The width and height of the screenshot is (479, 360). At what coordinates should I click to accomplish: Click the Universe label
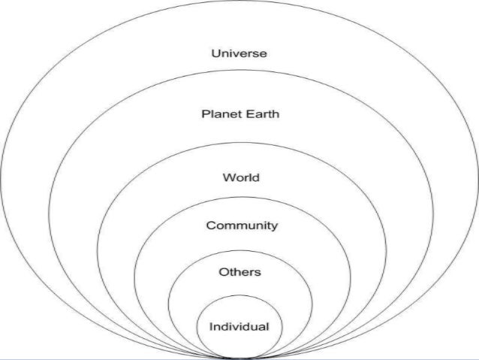[239, 53]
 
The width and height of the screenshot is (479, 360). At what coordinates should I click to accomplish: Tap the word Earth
[261, 114]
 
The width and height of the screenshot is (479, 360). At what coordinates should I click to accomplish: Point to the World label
[240, 178]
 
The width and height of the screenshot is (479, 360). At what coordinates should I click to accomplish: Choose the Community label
[242, 225]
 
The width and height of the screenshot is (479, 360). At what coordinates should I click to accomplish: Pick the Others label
[239, 272]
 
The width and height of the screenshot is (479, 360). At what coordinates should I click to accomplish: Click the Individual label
[239, 327]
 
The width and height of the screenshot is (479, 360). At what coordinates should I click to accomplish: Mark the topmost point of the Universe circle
[239, 2]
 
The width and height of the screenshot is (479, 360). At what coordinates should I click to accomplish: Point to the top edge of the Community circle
[239, 199]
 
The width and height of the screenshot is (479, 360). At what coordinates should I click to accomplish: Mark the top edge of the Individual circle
[239, 301]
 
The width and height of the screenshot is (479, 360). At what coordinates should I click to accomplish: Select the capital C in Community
[211, 225]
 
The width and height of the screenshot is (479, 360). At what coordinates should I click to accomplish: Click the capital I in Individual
[211, 327]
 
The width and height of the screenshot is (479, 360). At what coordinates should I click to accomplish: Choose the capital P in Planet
[205, 114]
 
